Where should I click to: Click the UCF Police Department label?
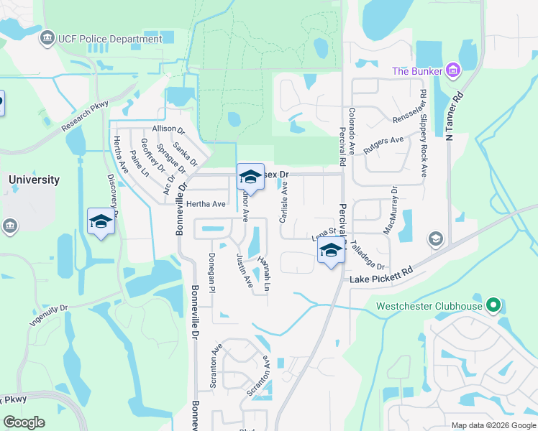(x=110, y=39)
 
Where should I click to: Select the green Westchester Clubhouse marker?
(x=493, y=306)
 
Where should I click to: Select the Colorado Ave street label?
(x=352, y=131)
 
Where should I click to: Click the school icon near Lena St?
(x=331, y=252)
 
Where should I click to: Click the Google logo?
(x=24, y=422)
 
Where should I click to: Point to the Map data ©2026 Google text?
(x=493, y=425)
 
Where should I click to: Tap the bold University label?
(x=34, y=180)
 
